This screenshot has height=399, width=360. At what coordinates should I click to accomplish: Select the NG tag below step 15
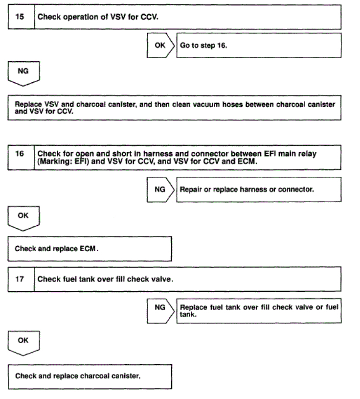tap(23, 71)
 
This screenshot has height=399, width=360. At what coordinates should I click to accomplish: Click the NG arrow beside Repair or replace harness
tap(160, 189)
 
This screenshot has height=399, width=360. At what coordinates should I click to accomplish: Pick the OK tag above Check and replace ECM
tap(23, 216)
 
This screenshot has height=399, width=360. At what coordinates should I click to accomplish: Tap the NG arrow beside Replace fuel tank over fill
tap(160, 308)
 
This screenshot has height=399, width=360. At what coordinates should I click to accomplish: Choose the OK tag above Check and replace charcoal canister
tap(23, 341)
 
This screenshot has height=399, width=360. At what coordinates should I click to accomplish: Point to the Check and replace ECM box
tap(90, 249)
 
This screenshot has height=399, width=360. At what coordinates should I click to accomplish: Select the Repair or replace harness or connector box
tap(258, 189)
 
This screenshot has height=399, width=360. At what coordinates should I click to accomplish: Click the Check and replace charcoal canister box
tap(90, 376)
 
